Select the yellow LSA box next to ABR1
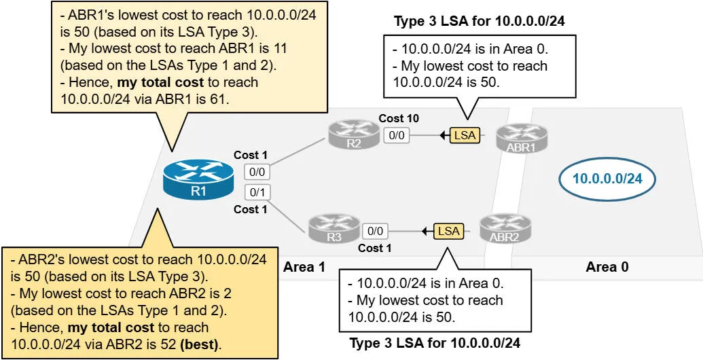click(465, 135)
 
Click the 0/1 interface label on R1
click(257, 192)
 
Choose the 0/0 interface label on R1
click(257, 173)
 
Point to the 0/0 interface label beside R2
click(395, 135)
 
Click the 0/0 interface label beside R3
click(375, 231)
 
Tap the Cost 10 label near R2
click(399, 119)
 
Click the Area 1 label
click(304, 267)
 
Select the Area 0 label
click(607, 267)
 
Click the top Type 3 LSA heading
click(480, 21)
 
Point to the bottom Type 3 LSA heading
click(435, 343)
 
